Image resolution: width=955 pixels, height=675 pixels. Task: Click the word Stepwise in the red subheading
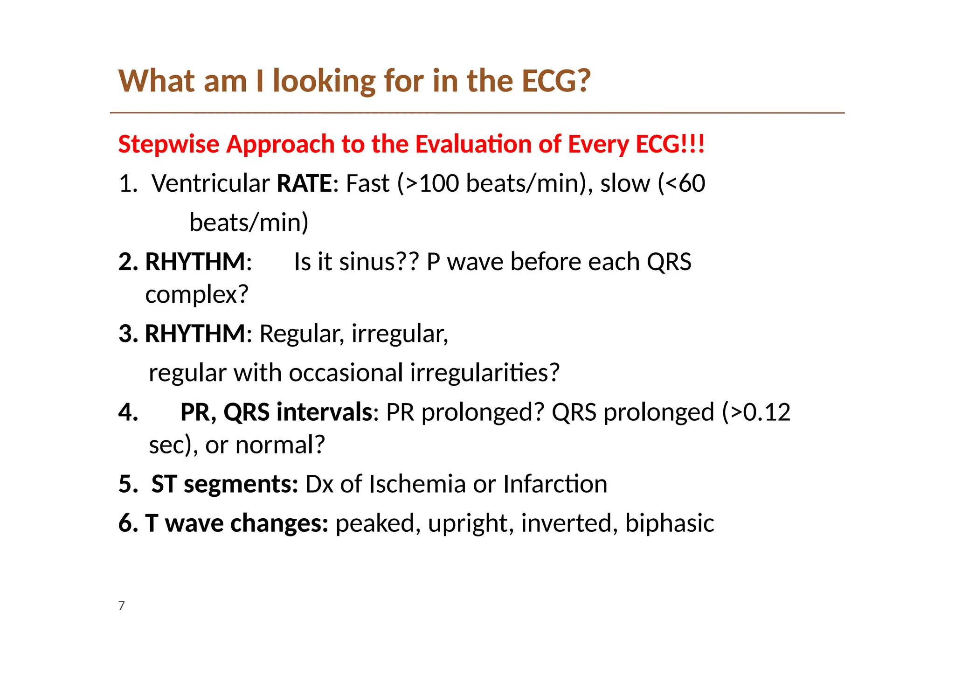[x=168, y=144]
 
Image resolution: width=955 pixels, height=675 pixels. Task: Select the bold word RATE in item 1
[x=304, y=183]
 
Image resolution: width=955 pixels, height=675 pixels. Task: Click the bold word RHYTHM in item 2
[x=195, y=262]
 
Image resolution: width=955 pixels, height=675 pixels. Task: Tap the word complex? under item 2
[x=197, y=295]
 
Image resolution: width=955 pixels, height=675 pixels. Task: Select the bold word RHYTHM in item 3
[x=195, y=334]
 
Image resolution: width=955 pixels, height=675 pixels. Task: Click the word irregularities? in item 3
[x=484, y=373]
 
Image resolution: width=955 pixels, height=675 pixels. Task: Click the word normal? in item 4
[x=280, y=445]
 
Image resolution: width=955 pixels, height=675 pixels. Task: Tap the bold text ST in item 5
[x=164, y=484]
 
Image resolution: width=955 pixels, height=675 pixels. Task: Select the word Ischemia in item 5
[x=417, y=484]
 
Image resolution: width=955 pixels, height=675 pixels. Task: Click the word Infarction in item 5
[x=555, y=484]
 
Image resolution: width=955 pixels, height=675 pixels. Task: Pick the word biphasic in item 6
[x=669, y=523]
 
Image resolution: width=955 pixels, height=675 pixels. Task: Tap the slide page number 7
[x=122, y=606]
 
